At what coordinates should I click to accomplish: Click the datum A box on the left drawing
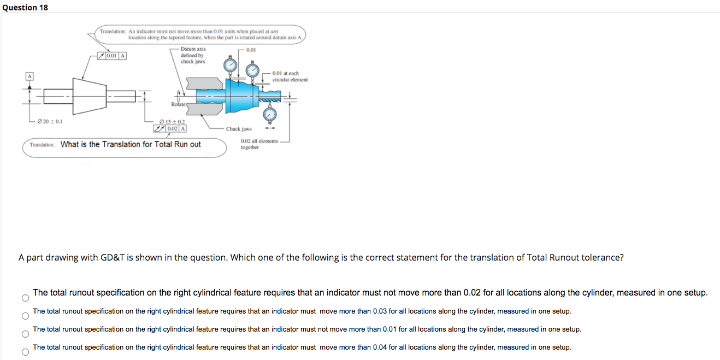pos(26,76)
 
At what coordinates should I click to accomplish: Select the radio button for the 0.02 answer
pos(25,298)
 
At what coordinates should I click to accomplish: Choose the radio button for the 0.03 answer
pos(25,316)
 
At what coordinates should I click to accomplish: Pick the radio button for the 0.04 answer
pos(25,352)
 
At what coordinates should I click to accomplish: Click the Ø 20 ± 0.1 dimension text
pos(49,121)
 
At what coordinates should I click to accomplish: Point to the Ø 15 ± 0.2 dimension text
pos(172,121)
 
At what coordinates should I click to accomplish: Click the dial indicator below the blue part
pos(270,115)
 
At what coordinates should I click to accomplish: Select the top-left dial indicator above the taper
pos(232,66)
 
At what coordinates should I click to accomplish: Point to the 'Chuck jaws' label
pos(239,129)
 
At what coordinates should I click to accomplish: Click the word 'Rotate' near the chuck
pos(178,104)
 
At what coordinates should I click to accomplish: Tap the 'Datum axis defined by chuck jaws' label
pos(193,55)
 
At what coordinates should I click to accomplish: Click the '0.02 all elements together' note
pos(259,144)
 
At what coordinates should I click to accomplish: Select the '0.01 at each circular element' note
pos(290,76)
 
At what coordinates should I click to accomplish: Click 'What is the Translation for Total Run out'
pos(131,144)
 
